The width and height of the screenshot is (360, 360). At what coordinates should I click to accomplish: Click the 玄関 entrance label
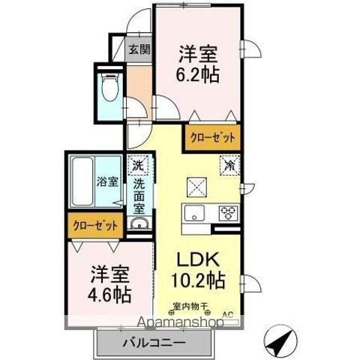[x=139, y=50]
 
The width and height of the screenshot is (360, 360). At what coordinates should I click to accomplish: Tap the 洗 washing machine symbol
[x=137, y=165]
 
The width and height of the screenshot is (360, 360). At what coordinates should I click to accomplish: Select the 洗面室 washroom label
[x=139, y=193]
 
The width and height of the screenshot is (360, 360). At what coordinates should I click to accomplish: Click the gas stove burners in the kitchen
[x=227, y=212]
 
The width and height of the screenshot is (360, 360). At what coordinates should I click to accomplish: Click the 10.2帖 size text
[x=199, y=280]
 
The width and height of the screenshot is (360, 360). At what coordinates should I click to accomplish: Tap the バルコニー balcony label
[x=153, y=343]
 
